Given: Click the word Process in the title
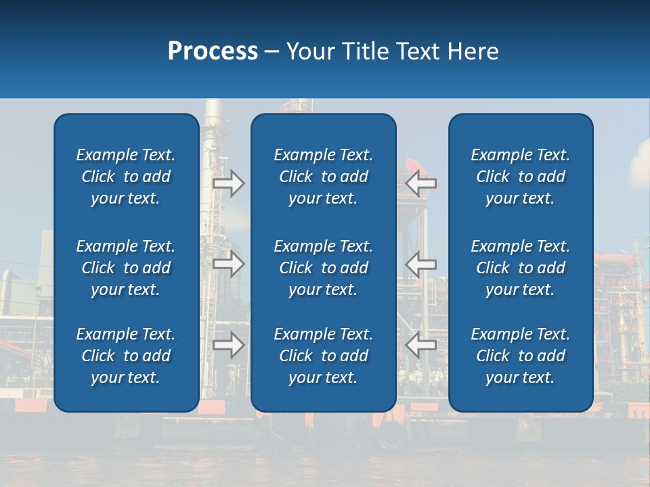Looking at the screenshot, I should (213, 51).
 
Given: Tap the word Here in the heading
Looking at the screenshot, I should (473, 51).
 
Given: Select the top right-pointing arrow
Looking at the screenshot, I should (228, 183).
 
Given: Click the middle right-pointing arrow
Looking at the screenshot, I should (228, 264).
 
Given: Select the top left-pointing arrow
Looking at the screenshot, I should (421, 183).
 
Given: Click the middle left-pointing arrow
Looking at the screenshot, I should (421, 264).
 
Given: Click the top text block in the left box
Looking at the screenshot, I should (126, 177).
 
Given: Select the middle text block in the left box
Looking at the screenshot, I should (126, 268).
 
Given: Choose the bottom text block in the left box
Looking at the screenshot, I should (126, 356).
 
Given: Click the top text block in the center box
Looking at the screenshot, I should (323, 177).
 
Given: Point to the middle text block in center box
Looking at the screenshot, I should (323, 268).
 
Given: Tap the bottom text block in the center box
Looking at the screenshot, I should (323, 356).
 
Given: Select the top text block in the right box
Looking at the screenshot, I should (520, 177).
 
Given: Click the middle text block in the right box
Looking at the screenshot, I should (520, 268).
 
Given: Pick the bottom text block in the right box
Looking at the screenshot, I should (520, 356).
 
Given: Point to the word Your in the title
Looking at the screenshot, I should (310, 51).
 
